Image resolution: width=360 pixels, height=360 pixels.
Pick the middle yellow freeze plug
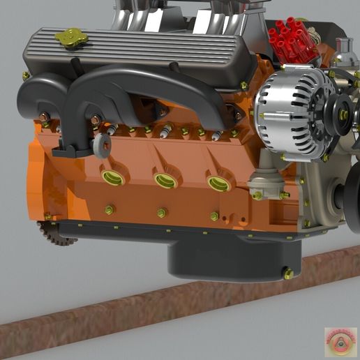pyautogui.click(x=165, y=180)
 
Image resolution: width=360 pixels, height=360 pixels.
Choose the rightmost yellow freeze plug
pyautogui.click(x=218, y=183)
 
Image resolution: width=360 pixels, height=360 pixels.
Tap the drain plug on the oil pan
pyautogui.click(x=288, y=273)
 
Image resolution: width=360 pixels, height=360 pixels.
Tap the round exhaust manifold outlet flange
pyautogui.click(x=103, y=145)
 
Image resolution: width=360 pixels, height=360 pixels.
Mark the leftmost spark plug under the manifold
pyautogui.click(x=110, y=129)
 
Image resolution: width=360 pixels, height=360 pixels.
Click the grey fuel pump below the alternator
pyautogui.click(x=265, y=183)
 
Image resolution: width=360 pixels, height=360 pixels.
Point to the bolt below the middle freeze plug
pyautogui.click(x=162, y=212)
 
